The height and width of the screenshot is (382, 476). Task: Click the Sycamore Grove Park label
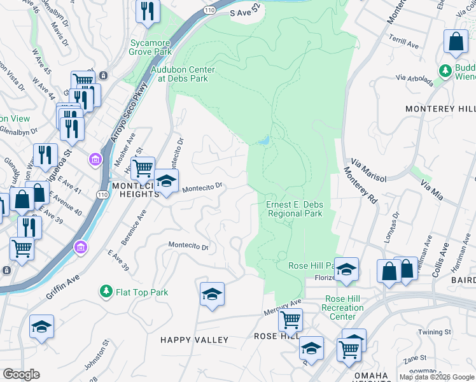pyautogui.click(x=151, y=47)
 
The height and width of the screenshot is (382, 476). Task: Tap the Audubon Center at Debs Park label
pyautogui.click(x=183, y=74)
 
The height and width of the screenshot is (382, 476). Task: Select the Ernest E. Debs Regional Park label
pyautogui.click(x=294, y=209)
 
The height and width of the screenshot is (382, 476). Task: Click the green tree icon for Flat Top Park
pyautogui.click(x=106, y=292)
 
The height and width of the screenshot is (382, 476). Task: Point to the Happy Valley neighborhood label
pyautogui.click(x=194, y=340)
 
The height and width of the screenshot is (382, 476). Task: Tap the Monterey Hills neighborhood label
pyautogui.click(x=440, y=110)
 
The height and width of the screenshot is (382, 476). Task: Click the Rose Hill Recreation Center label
pyautogui.click(x=344, y=308)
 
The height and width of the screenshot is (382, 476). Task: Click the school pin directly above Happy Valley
pyautogui.click(x=212, y=295)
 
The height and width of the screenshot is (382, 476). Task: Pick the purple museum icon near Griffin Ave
pyautogui.click(x=81, y=246)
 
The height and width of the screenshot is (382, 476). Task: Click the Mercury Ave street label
pyautogui.click(x=282, y=308)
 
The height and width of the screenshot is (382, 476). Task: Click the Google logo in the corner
pyautogui.click(x=21, y=374)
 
